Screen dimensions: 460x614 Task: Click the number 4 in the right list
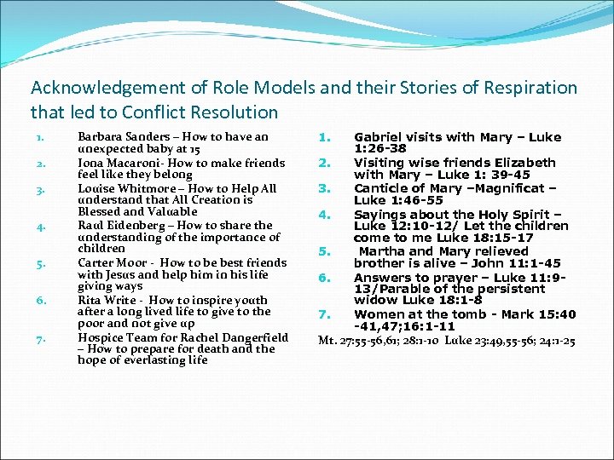[x=323, y=215]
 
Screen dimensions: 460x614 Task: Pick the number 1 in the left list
[x=39, y=136]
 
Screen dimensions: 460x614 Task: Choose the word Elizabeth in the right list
[x=518, y=162]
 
